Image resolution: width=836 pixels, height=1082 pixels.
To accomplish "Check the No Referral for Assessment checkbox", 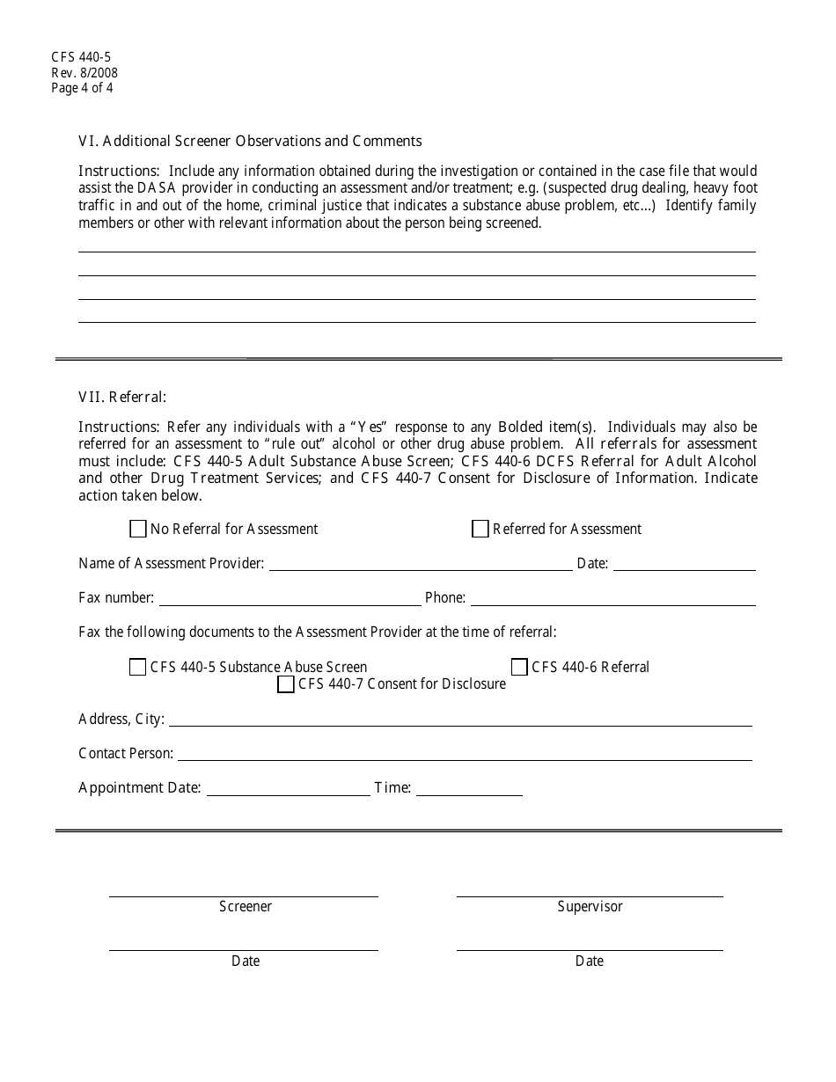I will coord(137,529).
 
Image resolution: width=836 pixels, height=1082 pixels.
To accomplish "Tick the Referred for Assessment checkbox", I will coord(480,529).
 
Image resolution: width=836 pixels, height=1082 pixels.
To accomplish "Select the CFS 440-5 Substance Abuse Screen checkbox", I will coord(137,667).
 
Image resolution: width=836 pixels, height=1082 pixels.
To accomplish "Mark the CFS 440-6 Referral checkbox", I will coord(519,667).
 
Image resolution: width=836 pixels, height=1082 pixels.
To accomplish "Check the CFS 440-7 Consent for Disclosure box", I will coord(285,684).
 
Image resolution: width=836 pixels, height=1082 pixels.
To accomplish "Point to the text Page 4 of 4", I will coord(82,88).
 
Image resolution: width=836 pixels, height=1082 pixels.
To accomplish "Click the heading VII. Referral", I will coord(122,397).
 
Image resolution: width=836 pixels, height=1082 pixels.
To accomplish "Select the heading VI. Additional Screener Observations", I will coord(250,141).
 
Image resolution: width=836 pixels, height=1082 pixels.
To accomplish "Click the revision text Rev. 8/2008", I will coord(84,73).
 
